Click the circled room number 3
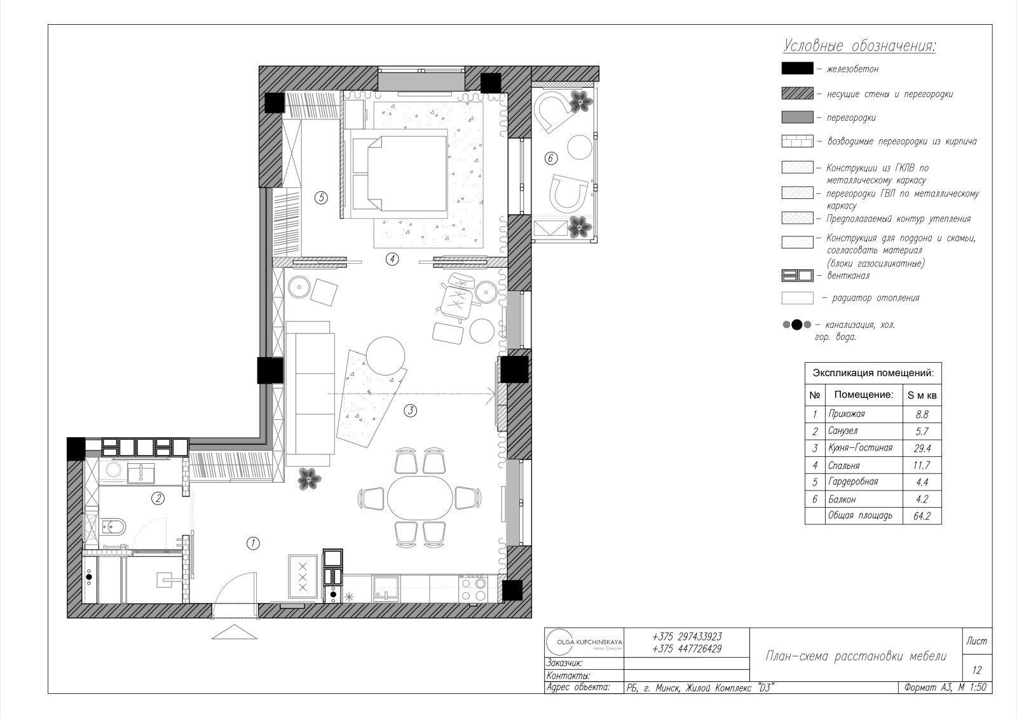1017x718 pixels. (x=410, y=410)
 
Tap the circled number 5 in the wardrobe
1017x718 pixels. (x=321, y=198)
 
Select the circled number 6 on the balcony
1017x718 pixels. (x=550, y=158)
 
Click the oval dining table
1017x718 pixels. (x=420, y=498)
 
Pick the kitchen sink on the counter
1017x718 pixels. (x=385, y=588)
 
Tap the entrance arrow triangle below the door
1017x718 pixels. (x=235, y=632)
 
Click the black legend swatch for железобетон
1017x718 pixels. (x=797, y=69)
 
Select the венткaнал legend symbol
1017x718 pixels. (x=797, y=276)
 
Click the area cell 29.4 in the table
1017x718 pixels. (x=922, y=449)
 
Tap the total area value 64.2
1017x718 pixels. (x=922, y=516)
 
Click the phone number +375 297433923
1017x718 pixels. (x=687, y=637)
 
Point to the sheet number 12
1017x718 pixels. (x=977, y=670)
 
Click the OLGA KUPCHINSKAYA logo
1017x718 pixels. (x=584, y=642)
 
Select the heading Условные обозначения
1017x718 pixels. (x=859, y=46)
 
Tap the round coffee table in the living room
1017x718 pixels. (x=385, y=356)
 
